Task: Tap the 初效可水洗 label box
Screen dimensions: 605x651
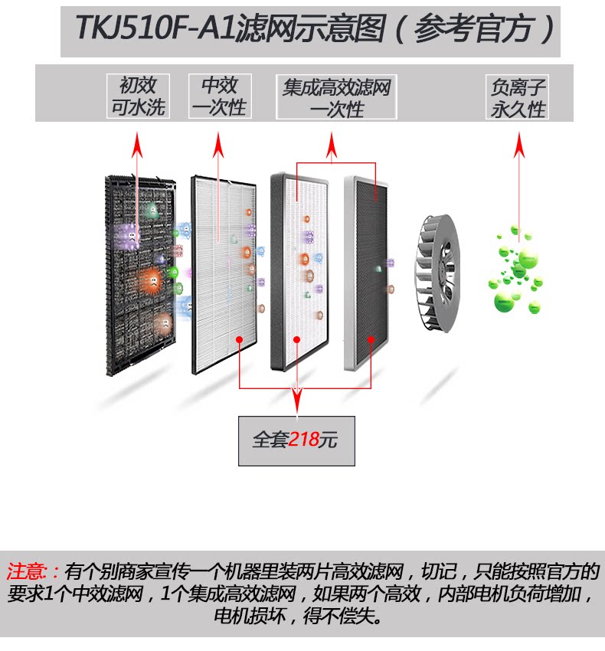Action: tap(138, 97)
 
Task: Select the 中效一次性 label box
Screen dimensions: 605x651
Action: tap(219, 97)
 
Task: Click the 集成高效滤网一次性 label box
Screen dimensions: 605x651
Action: tap(336, 97)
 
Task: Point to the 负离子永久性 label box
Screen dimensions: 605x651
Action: tap(518, 97)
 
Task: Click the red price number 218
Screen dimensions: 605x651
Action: tap(303, 440)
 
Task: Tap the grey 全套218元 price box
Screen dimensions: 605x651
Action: tap(296, 440)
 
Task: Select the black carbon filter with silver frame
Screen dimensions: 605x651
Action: tap(368, 272)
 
